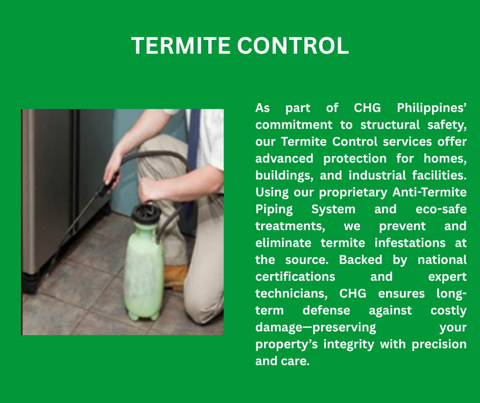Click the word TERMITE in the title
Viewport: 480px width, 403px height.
point(181,46)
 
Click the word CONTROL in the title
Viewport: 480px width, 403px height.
point(293,46)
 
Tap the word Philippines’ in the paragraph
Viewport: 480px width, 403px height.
point(431,108)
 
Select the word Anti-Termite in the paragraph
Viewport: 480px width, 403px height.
point(429,192)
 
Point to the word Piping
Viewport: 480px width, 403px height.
point(274,210)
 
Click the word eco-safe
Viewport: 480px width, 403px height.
point(441,209)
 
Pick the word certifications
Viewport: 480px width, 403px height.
point(295,277)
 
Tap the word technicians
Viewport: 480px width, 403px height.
point(292,294)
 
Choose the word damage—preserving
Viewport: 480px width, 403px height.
point(316,327)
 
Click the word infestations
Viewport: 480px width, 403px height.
point(410,243)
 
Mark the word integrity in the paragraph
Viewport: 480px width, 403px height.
point(349,344)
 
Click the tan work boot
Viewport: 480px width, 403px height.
point(176,278)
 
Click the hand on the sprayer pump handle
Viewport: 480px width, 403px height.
point(150,189)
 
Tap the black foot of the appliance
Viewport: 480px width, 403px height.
point(30,284)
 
